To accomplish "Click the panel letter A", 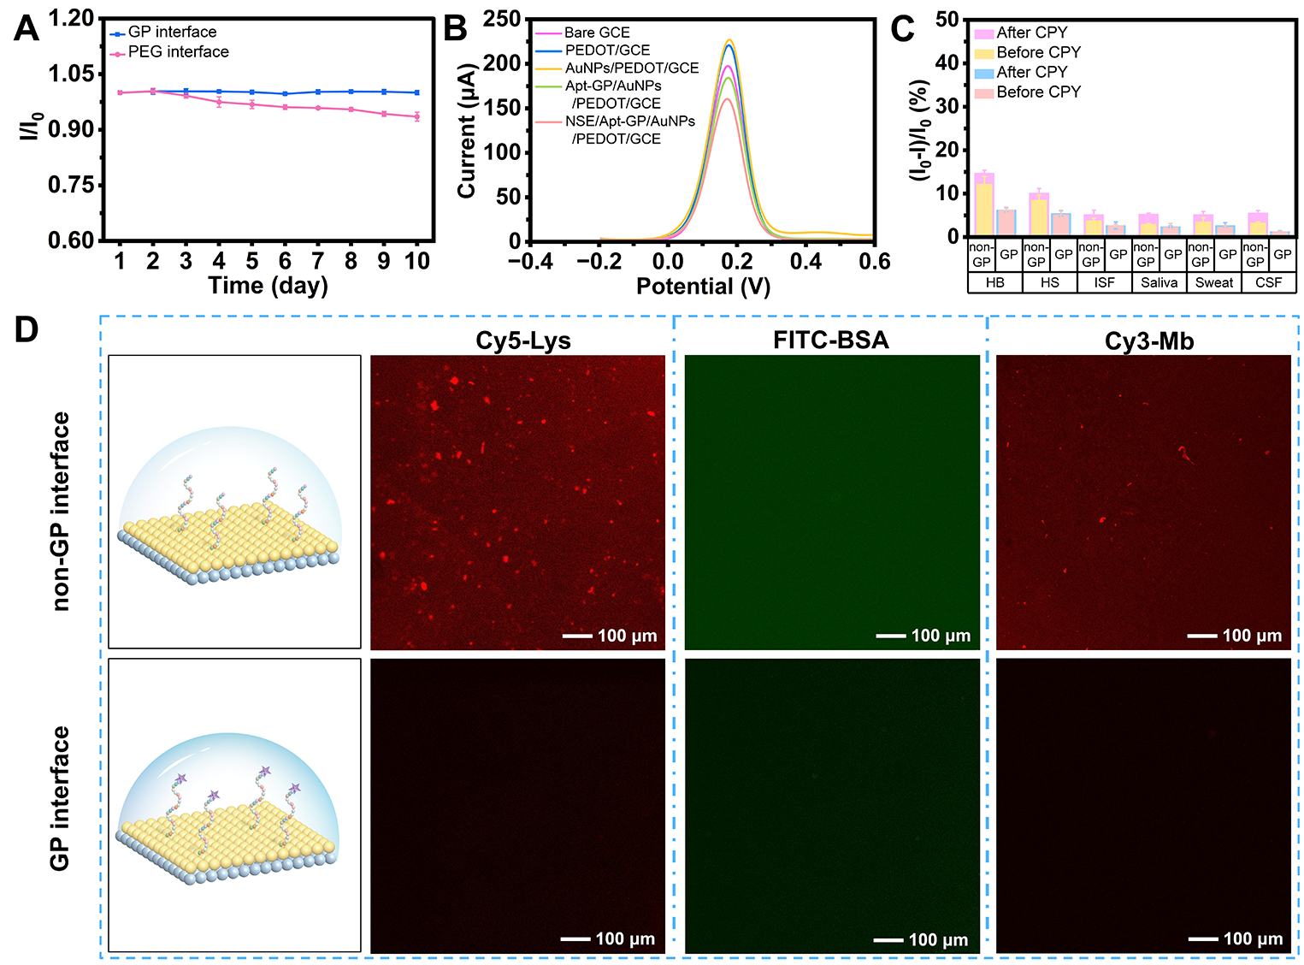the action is click(26, 27).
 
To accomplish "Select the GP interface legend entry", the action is click(162, 32).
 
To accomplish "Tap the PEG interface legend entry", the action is click(169, 52).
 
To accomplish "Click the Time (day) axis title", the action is click(268, 286).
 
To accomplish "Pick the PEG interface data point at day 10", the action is click(416, 115).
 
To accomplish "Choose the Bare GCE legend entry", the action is click(582, 33).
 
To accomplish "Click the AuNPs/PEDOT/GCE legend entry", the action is click(617, 68).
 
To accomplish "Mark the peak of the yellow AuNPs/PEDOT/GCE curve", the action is click(729, 40).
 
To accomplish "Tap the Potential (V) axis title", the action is click(703, 287).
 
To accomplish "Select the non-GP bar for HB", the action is click(984, 204).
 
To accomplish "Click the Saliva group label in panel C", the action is click(1159, 283).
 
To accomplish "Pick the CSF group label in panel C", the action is click(1268, 283).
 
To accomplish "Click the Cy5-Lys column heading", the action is click(523, 340).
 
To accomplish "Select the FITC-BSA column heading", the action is click(831, 340).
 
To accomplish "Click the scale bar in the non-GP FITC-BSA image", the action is click(891, 636).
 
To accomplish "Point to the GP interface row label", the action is click(60, 798).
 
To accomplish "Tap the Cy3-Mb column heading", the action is click(1148, 340).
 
